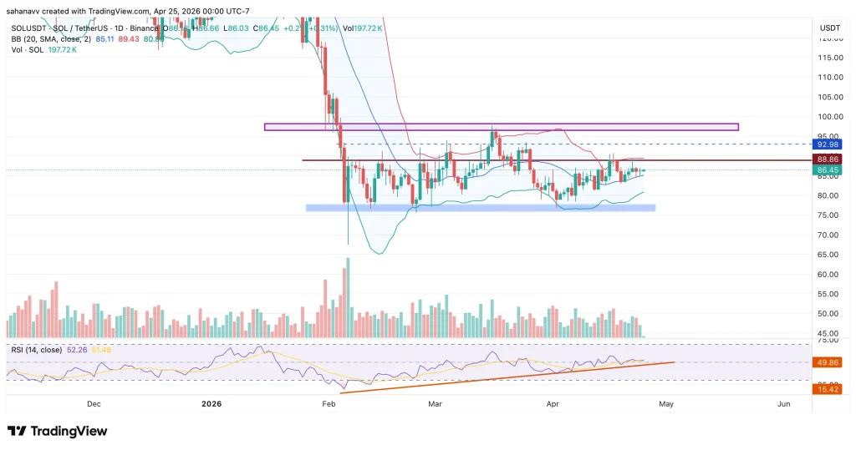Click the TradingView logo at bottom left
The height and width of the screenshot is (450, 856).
point(57,431)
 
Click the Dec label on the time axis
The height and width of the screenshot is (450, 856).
point(94,404)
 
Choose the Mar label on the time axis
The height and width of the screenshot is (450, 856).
point(435,404)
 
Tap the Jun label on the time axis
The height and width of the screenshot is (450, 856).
point(783,404)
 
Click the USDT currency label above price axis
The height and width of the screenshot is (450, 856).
point(829,28)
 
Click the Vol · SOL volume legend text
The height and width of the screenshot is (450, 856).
point(27,49)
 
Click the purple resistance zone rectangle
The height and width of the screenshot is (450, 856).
point(502,127)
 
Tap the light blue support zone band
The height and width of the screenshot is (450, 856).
point(480,208)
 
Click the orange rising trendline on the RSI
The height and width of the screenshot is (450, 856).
point(502,377)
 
